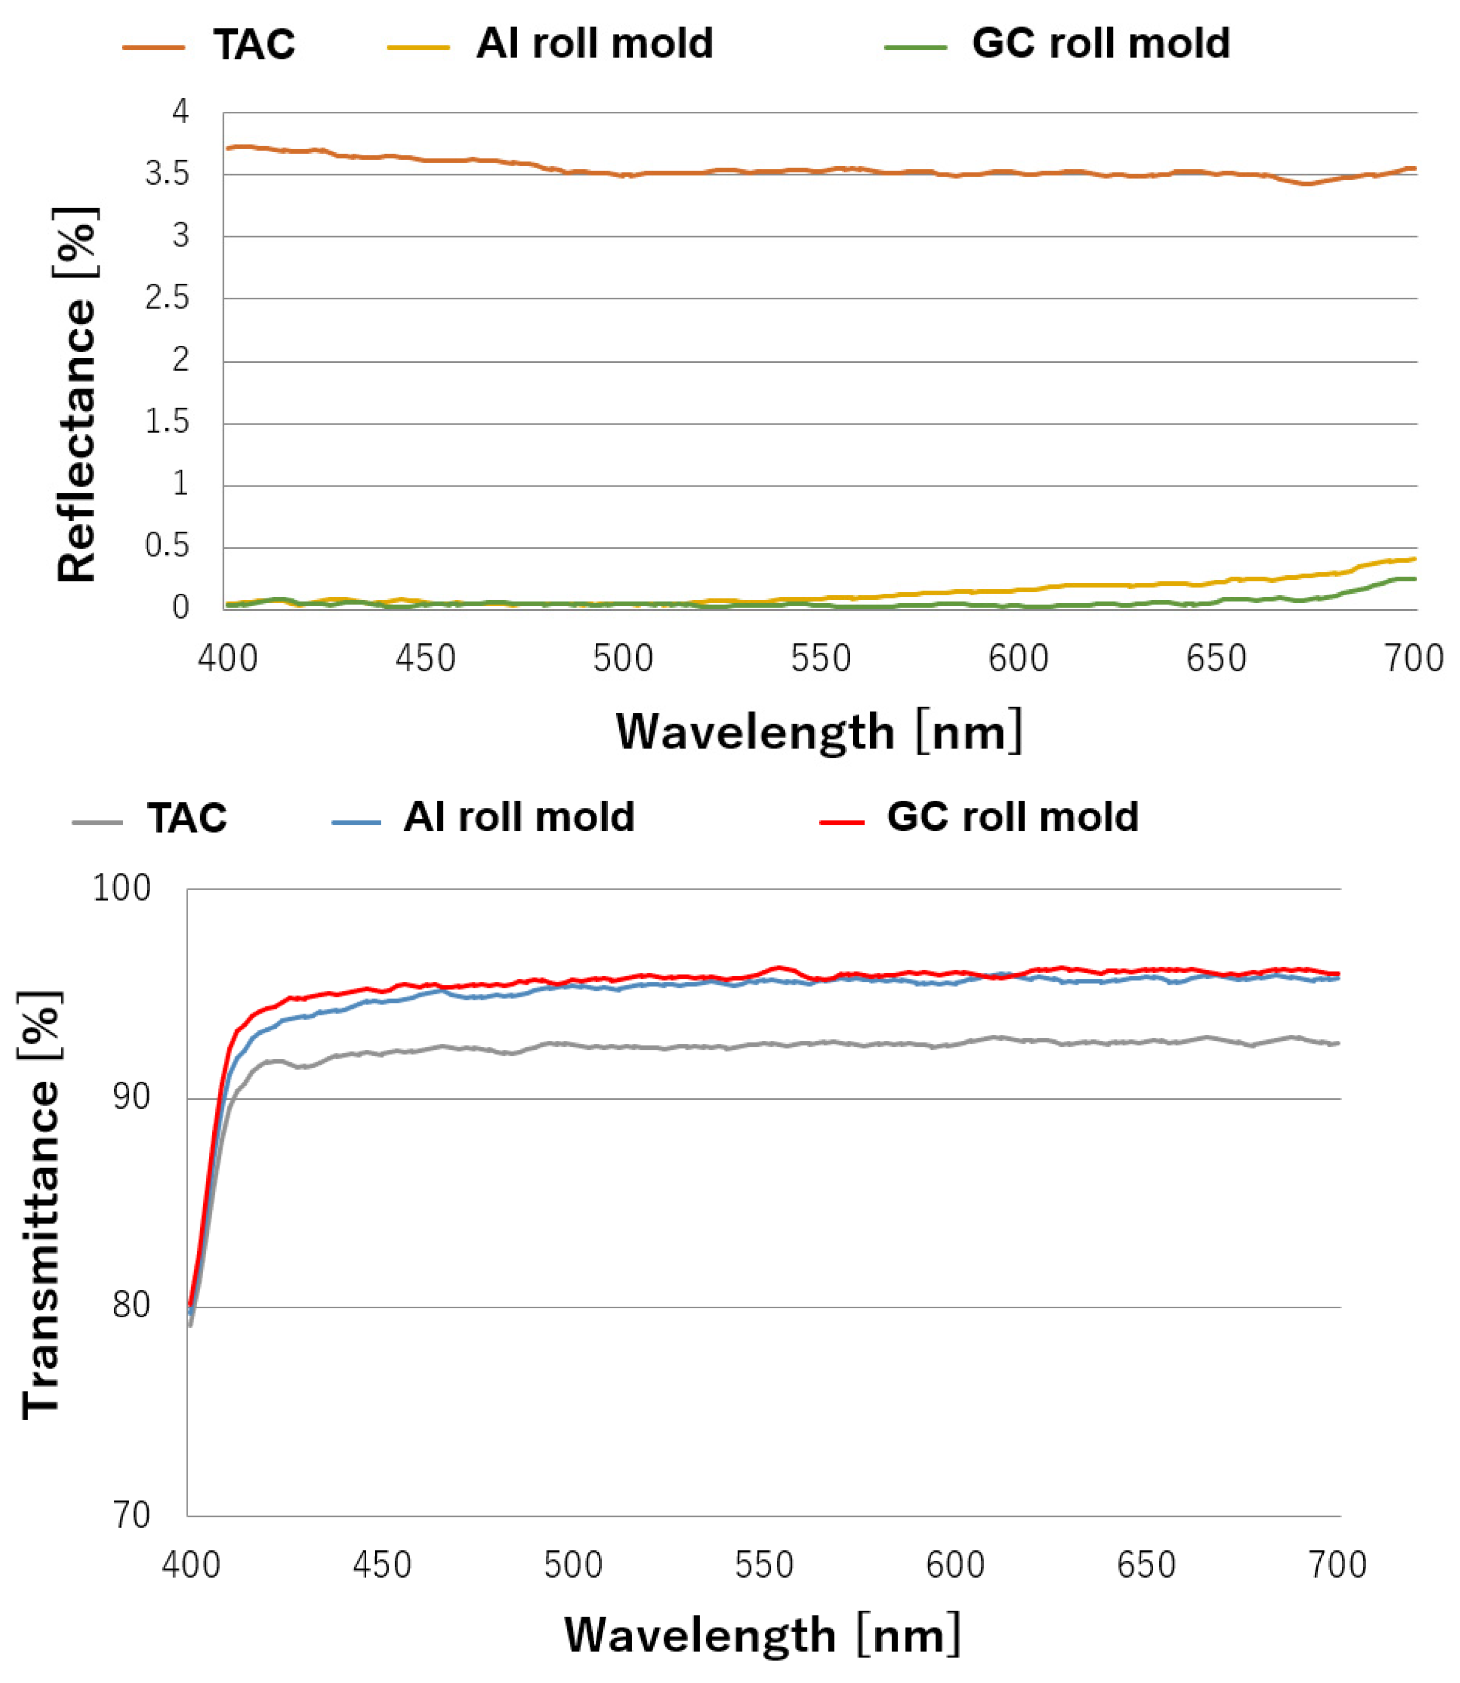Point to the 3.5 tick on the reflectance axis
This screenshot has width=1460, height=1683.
(167, 174)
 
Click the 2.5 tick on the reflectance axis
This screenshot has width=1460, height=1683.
(167, 299)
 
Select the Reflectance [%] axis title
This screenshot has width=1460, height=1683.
(77, 395)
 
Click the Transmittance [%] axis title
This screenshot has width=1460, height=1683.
(41, 1205)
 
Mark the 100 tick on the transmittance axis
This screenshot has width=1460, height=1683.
(122, 889)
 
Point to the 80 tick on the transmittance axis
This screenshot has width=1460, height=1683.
(130, 1305)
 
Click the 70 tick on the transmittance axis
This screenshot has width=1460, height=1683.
(130, 1516)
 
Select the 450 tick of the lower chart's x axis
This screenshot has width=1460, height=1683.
(382, 1565)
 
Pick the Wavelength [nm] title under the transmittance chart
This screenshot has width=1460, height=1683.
(762, 1635)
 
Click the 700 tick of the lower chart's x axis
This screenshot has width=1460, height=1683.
(1337, 1565)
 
